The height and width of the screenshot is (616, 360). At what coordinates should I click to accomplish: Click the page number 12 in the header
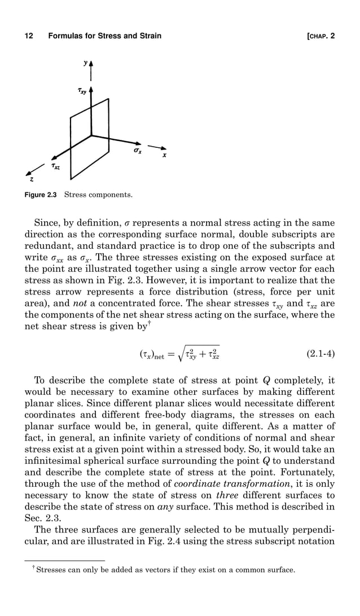(28, 36)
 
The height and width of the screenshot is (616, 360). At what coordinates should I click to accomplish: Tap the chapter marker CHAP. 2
(320, 36)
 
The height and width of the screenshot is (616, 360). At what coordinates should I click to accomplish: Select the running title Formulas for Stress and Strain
(105, 36)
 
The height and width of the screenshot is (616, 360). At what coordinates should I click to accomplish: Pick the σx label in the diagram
(137, 151)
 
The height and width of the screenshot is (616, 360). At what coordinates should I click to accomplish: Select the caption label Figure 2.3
(42, 196)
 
